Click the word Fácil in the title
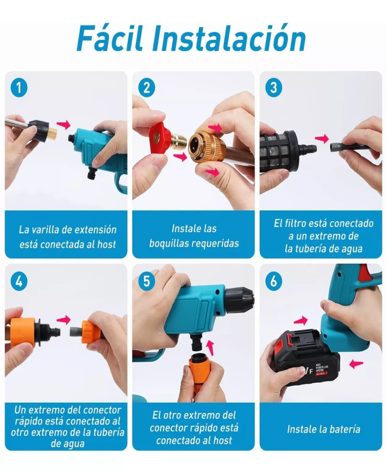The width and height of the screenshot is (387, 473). point(110,38)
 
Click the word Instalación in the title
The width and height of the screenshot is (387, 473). point(229,38)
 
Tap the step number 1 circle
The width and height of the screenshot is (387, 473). point(19,88)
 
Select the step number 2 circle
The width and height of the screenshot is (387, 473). point(146,88)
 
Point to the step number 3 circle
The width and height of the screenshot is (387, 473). point(273,88)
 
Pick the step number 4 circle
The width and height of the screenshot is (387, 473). point(19,281)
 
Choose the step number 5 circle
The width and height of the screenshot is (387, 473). point(146,281)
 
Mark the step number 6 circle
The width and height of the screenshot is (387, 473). point(273,281)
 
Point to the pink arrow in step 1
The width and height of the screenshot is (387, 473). point(63,124)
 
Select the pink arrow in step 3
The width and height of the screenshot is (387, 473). point(321,139)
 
